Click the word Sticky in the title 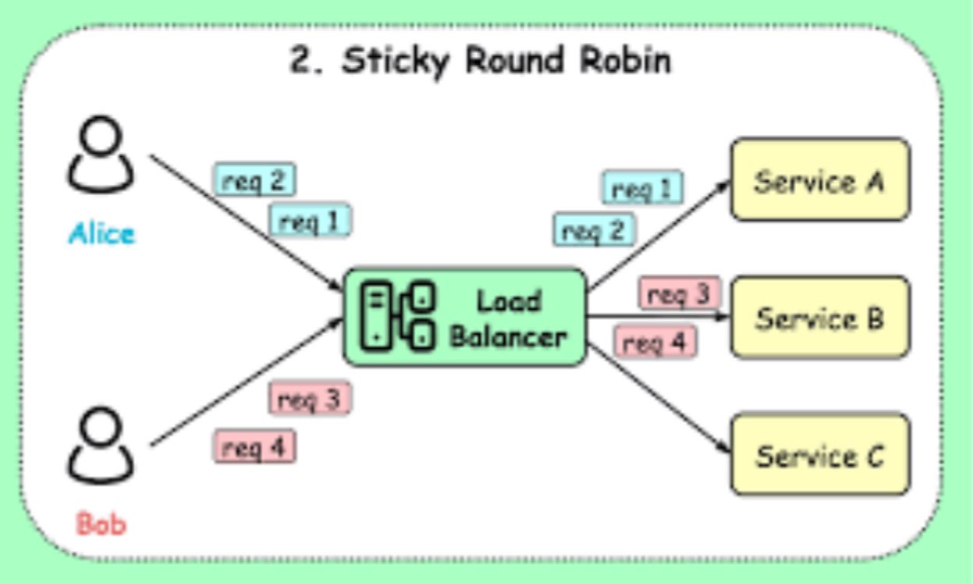[x=395, y=61]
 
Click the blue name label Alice [x=101, y=233]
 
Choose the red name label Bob [x=101, y=524]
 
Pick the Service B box [x=819, y=317]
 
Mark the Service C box [x=819, y=455]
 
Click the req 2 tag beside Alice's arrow [x=255, y=180]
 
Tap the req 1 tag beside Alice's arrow [x=310, y=221]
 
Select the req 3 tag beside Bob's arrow [x=310, y=399]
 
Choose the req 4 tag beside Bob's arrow [x=255, y=447]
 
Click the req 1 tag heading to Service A [x=642, y=189]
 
